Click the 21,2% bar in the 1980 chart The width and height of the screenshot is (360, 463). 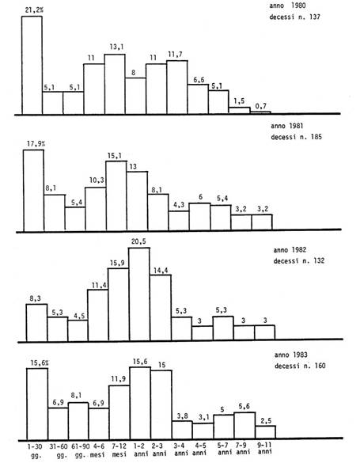[x=32, y=65]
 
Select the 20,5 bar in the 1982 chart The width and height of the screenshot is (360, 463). [x=139, y=294]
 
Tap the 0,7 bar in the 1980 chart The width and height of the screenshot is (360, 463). [x=260, y=112]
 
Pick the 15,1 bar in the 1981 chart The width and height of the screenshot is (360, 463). [x=116, y=195]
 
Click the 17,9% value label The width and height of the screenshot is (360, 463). [x=36, y=144]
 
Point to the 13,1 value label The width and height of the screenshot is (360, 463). [x=116, y=47]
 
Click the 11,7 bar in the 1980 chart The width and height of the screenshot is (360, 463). [x=176, y=87]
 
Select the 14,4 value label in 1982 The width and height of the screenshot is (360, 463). [x=161, y=270]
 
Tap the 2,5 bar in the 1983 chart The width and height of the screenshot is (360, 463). [x=266, y=432]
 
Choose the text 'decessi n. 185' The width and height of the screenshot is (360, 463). [x=296, y=137]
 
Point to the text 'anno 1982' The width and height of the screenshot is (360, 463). [x=290, y=250]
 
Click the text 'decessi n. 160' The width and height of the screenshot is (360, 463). [x=300, y=366]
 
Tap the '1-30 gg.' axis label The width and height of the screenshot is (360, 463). [x=35, y=450]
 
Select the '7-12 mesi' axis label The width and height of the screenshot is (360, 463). [x=119, y=450]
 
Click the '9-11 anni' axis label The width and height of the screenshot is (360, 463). [x=265, y=448]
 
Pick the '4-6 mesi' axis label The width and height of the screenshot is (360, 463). [x=97, y=450]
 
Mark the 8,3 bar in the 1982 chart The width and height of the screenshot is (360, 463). [x=36, y=323]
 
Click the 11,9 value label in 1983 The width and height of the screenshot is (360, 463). [x=119, y=378]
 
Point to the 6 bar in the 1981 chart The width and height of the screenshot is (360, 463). [x=199, y=216]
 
